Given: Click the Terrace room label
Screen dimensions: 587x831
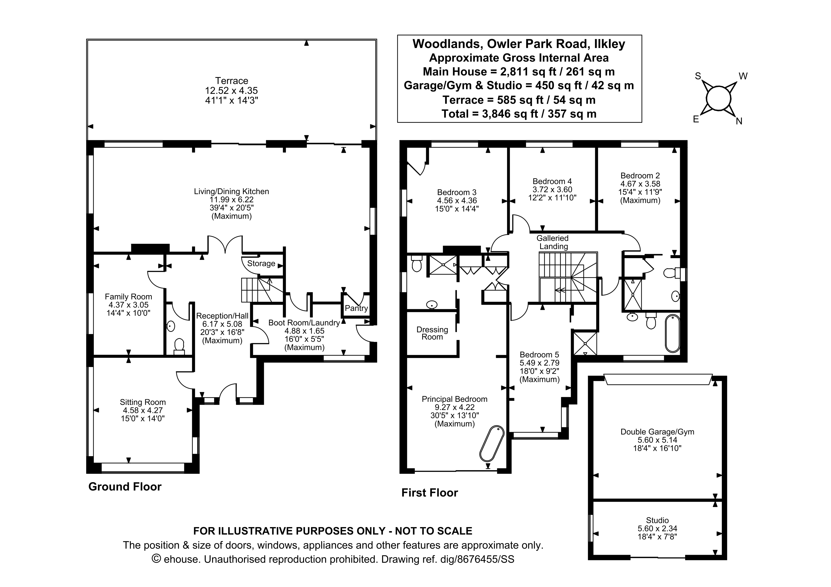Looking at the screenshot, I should (232, 81).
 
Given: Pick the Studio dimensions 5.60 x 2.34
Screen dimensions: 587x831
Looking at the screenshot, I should (657, 528).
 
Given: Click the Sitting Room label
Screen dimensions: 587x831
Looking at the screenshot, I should (143, 402).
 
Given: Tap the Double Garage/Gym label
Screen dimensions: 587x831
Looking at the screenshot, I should (657, 432).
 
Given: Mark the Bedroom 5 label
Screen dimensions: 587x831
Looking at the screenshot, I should (539, 355).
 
